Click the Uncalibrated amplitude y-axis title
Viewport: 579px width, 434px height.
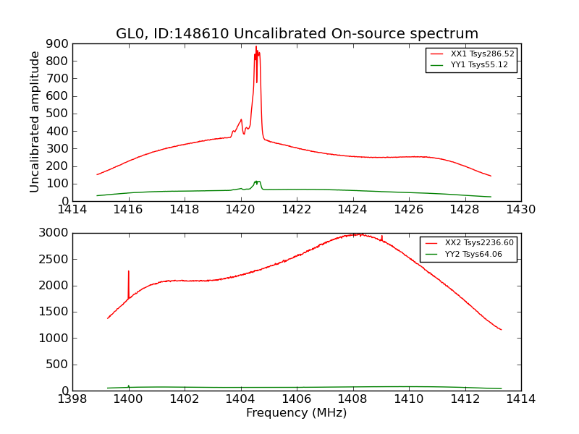point(35,122)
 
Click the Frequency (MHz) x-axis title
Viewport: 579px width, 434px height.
point(297,413)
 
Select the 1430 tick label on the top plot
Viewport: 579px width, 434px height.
point(520,210)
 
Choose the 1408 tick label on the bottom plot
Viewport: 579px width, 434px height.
point(352,399)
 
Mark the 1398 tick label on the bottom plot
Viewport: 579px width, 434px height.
point(72,399)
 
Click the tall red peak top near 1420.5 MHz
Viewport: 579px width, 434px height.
point(255,47)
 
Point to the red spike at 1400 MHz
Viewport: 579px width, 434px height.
point(129,271)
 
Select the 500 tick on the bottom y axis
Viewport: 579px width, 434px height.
point(58,365)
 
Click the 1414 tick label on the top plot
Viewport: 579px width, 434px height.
point(72,210)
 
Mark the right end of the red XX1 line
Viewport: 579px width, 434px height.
point(491,176)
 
